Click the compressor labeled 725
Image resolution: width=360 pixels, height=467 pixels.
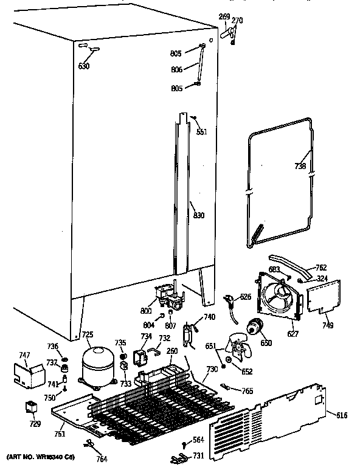97,365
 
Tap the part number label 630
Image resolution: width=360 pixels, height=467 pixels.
84,66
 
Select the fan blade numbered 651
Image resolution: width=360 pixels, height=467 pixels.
237,350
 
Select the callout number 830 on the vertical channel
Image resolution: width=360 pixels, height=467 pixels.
199,215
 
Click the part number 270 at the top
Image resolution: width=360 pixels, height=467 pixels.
237,21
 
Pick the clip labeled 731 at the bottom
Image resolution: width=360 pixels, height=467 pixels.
181,457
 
